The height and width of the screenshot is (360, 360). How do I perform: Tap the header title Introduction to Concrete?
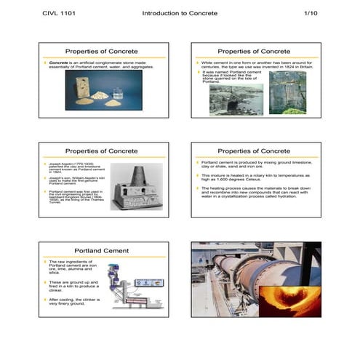click(179, 14)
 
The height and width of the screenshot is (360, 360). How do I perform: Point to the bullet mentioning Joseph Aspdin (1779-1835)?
click(69, 168)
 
